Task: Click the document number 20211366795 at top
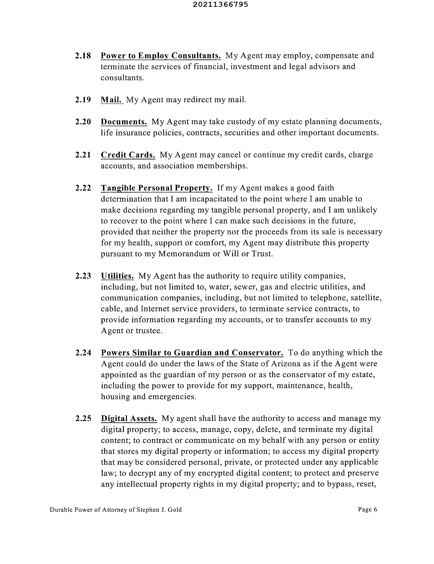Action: [x=220, y=5]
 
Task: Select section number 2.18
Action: [x=83, y=56]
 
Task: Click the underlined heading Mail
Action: [x=112, y=100]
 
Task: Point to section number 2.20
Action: [x=83, y=122]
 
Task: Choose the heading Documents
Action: [x=124, y=122]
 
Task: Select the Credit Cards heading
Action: [x=128, y=155]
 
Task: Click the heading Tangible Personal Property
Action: [x=157, y=188]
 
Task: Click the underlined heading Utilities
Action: [x=117, y=276]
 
